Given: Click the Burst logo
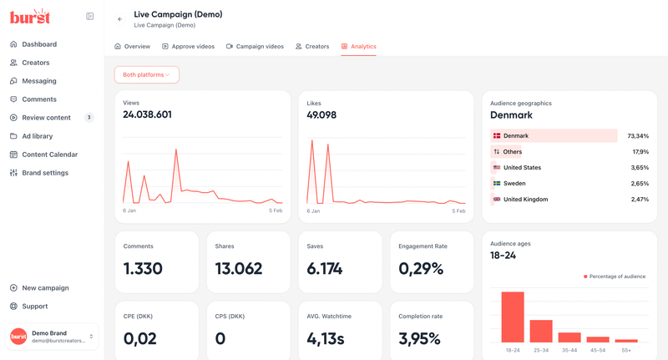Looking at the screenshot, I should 30,16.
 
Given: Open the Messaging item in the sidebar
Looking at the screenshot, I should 38,81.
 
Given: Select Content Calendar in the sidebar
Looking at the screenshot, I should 49,155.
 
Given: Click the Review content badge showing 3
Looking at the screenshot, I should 89,118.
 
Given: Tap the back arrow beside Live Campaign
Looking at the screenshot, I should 120,19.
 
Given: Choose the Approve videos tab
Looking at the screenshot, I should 188,47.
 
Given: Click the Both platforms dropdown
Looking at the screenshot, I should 146,75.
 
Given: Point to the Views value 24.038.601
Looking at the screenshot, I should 147,115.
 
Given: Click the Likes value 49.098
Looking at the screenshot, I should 321,115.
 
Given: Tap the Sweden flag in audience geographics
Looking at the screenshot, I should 497,184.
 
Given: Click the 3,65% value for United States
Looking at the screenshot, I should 639,168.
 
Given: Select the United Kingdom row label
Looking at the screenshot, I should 525,200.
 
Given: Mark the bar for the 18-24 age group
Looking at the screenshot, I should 513,317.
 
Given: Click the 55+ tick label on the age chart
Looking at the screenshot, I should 626,350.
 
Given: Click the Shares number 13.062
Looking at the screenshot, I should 238,269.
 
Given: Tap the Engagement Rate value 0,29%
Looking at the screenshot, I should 421,269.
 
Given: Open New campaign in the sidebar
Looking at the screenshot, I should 45,288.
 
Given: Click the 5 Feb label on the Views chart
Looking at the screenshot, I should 275,211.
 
